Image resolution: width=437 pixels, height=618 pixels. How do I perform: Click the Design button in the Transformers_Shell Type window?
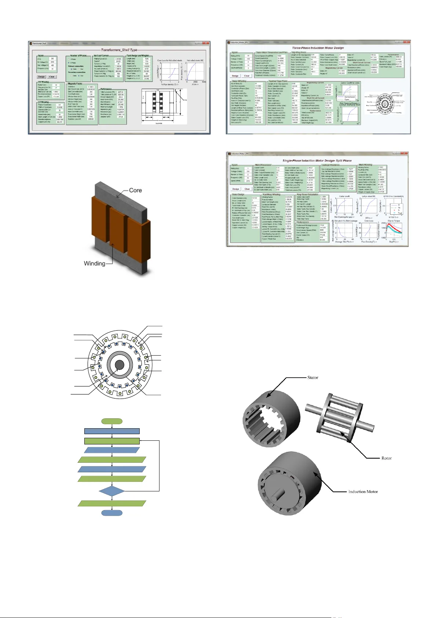point(41,77)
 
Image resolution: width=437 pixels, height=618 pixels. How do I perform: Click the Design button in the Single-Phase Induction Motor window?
point(236,189)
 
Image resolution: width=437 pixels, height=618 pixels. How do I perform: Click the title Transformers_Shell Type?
point(119,50)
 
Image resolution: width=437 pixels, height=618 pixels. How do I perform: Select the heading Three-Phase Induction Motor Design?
point(318,48)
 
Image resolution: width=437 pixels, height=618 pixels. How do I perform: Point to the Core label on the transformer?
point(135,190)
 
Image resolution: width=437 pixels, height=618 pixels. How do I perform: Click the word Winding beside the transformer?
point(94,263)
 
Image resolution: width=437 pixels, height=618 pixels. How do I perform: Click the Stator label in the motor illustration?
point(313,378)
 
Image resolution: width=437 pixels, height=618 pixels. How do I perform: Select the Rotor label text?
point(386,458)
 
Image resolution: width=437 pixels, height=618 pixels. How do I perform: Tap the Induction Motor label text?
point(363,492)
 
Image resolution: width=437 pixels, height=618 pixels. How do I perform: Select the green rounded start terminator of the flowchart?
point(112,421)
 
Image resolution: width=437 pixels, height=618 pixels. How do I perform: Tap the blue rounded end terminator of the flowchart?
point(112,513)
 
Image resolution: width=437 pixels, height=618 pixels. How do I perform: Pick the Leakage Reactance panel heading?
point(330,165)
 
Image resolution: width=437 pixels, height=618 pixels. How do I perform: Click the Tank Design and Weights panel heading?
point(138,56)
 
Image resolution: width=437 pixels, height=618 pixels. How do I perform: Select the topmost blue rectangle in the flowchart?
point(112,431)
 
